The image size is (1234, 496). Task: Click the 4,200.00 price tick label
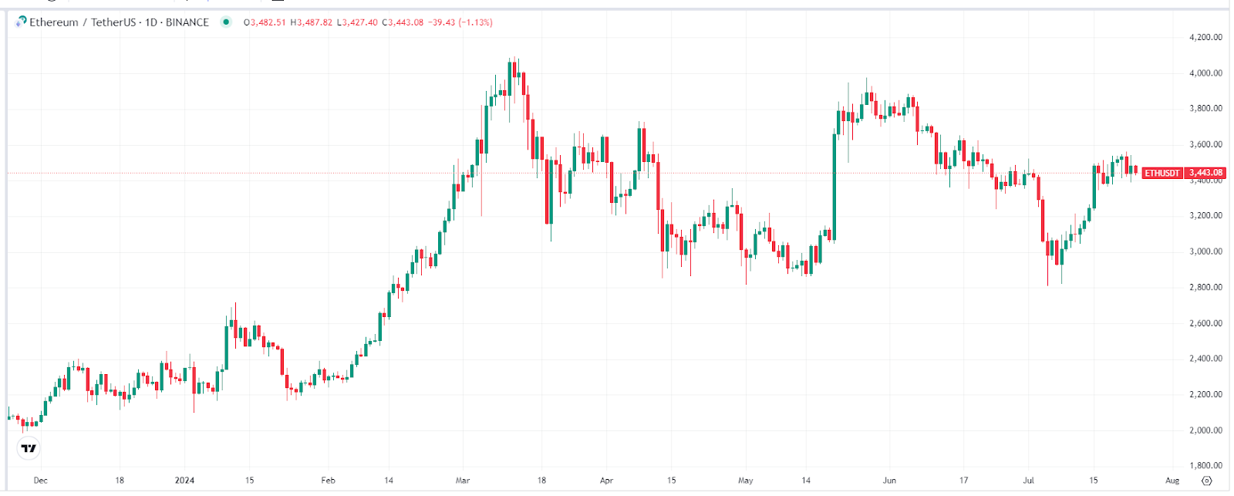click(1205, 37)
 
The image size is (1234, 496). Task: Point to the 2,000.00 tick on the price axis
click(1205, 430)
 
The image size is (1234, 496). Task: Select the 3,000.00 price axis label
click(1205, 251)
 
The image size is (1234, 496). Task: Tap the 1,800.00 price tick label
click(1205, 466)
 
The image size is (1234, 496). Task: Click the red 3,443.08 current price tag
click(1205, 173)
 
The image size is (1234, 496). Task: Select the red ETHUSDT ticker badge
click(1162, 173)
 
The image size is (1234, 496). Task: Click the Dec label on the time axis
click(41, 481)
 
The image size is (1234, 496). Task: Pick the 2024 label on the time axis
click(185, 481)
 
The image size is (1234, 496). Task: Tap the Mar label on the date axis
click(463, 481)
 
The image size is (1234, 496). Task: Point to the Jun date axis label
click(889, 481)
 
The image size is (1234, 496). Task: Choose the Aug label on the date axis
click(1172, 481)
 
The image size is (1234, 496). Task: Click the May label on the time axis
click(745, 481)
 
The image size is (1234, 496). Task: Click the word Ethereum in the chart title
click(54, 22)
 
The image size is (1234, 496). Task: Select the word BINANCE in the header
click(187, 22)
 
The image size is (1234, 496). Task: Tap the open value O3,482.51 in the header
click(265, 22)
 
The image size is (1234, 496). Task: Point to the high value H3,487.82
click(311, 22)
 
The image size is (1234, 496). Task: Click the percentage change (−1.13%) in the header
click(475, 22)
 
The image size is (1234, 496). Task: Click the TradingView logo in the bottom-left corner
click(29, 448)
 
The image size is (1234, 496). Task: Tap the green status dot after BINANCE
click(226, 22)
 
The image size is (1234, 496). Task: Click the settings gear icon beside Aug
click(1207, 481)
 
